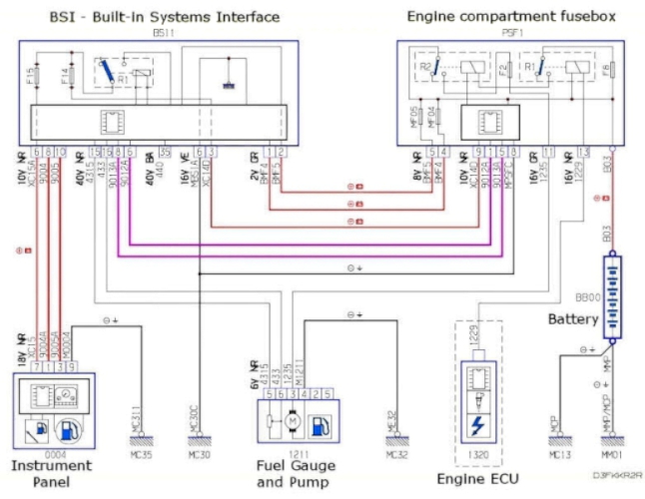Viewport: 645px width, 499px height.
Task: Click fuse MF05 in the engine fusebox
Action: tap(418, 116)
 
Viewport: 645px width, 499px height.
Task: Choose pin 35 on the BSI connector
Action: tap(166, 152)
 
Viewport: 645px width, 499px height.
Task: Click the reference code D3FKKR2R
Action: tap(616, 475)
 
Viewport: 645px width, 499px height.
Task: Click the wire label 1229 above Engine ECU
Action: tap(477, 339)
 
